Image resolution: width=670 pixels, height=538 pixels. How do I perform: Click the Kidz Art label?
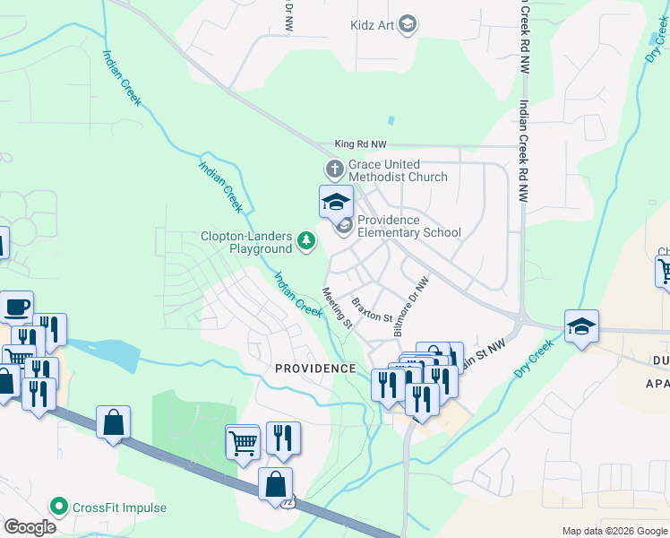(373, 24)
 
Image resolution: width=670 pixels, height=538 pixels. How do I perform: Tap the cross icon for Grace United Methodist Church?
(334, 169)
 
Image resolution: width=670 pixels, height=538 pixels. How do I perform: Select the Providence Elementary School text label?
(408, 226)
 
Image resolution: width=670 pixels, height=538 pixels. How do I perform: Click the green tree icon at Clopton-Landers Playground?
(306, 240)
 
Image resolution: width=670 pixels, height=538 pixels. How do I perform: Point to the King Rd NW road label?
(361, 143)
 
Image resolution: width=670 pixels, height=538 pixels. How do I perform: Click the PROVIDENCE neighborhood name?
(315, 369)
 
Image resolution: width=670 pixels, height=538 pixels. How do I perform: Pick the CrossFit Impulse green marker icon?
(59, 508)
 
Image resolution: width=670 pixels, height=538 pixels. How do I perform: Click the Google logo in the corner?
(30, 527)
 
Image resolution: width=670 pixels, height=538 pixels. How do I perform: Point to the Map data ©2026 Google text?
(614, 531)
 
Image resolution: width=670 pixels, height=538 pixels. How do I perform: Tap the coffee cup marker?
(17, 308)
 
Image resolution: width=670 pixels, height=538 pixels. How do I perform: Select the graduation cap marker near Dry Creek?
(581, 326)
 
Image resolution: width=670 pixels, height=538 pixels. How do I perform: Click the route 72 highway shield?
(288, 502)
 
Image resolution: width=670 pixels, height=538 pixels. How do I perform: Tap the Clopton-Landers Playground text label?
(246, 242)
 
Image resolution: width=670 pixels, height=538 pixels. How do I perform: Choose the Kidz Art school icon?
(408, 24)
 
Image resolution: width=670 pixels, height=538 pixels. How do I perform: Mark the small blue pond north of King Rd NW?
(391, 120)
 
